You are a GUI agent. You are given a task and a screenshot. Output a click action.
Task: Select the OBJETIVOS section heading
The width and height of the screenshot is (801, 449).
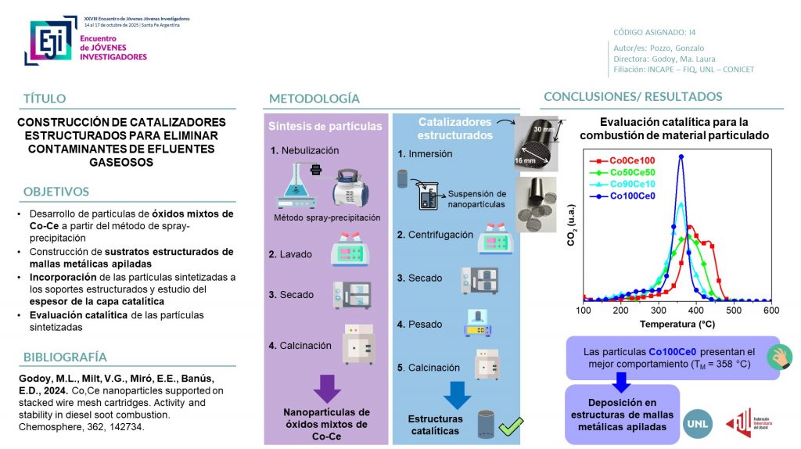56,192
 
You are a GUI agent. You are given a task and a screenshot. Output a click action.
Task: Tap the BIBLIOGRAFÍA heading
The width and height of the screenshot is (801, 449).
65,357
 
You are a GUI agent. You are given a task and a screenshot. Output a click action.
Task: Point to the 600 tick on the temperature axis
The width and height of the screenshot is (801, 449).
770,311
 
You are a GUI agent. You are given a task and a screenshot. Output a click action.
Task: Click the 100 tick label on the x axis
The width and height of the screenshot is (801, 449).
584,311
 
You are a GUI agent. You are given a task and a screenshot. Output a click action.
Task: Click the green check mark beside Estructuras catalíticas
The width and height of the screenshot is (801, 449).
511,426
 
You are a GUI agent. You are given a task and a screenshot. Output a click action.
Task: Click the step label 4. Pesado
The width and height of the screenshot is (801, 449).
419,324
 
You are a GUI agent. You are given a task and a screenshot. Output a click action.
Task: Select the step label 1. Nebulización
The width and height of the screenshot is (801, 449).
305,150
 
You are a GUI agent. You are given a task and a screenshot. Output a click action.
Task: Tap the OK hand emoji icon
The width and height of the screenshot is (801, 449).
779,356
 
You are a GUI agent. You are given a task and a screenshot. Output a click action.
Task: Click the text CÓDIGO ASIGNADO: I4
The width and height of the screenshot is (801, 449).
655,32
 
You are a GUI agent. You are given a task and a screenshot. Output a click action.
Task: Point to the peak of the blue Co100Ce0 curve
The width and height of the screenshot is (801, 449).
681,156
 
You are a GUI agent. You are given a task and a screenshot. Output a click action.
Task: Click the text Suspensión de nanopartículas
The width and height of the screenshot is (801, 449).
477,199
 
